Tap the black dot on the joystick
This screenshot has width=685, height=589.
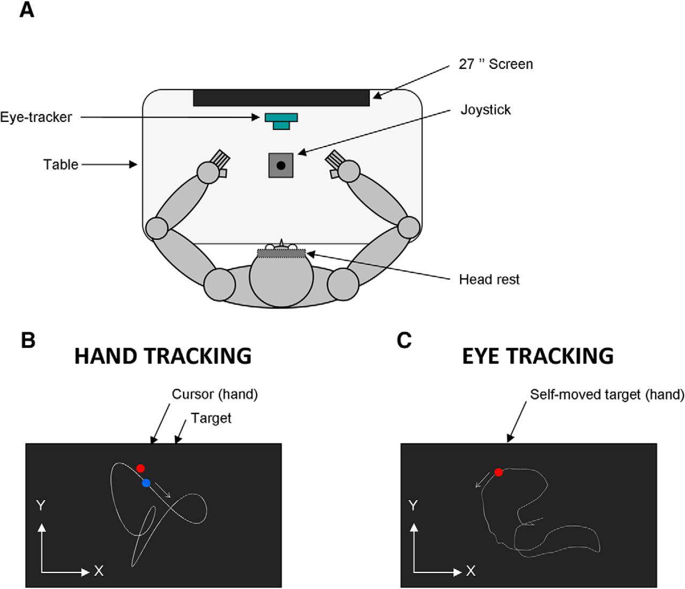[281, 165]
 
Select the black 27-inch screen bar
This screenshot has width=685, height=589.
[281, 98]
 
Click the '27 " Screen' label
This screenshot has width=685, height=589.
[496, 64]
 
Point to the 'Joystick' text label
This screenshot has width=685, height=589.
[485, 110]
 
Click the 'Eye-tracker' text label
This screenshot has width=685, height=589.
[36, 117]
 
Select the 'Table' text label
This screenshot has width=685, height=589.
[61, 164]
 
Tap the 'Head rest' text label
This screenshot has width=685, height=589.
[489, 279]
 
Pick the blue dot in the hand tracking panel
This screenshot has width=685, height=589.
[146, 483]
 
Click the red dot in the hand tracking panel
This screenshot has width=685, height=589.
[140, 469]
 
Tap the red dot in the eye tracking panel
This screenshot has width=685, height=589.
[499, 472]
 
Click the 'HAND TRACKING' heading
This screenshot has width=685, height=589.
[163, 356]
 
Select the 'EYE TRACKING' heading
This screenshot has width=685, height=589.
[538, 356]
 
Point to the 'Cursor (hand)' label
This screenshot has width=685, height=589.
[215, 394]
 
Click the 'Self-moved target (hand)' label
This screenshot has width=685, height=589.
[607, 395]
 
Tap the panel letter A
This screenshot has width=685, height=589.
[27, 10]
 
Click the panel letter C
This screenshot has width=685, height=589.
[405, 340]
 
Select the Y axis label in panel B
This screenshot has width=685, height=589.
[39, 504]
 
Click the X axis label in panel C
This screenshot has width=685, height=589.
[470, 571]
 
